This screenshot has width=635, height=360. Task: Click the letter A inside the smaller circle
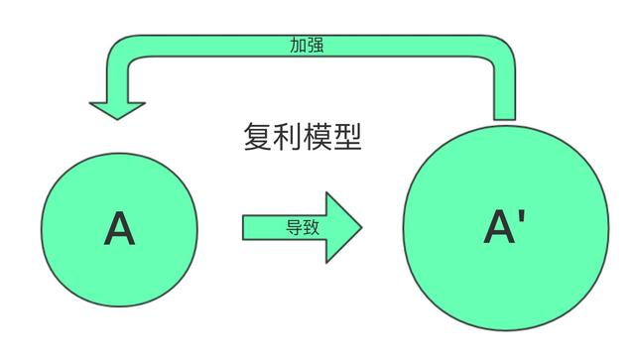pyautogui.click(x=119, y=230)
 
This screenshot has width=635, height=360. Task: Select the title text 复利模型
pyautogui.click(x=302, y=137)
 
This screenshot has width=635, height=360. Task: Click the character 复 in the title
pyautogui.click(x=258, y=137)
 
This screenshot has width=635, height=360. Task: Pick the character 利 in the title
pyautogui.click(x=287, y=137)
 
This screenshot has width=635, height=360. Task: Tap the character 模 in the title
pyautogui.click(x=317, y=137)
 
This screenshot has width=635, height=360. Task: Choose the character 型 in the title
pyautogui.click(x=346, y=137)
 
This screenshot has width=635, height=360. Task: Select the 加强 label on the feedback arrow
pyautogui.click(x=305, y=45)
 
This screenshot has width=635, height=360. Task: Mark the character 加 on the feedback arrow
pyautogui.click(x=297, y=45)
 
